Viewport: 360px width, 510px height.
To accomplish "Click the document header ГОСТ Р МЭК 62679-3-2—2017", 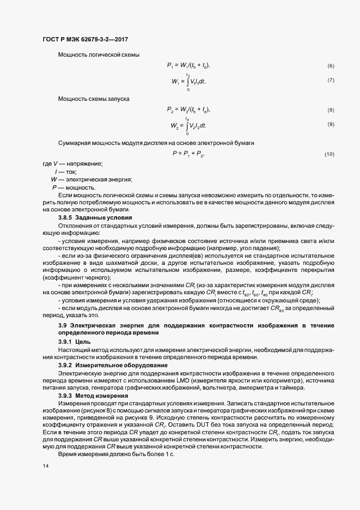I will [x=86, y=39].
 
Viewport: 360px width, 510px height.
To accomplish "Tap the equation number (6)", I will [x=330, y=66].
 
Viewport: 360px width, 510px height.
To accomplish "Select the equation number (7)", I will [x=330, y=81].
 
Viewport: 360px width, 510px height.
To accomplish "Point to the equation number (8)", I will [x=330, y=111].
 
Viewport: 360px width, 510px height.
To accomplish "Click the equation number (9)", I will [x=330, y=125].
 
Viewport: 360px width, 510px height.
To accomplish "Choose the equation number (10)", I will [x=329, y=155].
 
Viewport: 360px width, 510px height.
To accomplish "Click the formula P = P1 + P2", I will [x=188, y=154].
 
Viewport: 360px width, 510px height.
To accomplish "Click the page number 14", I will [x=45, y=467].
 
